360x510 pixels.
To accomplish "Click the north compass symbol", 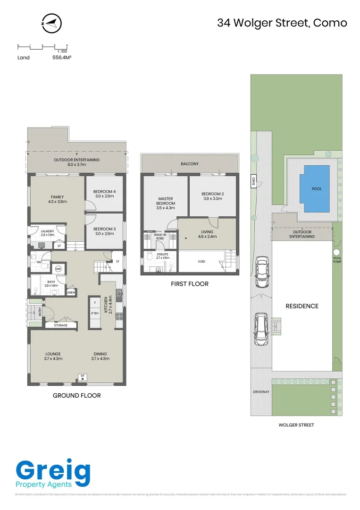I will point(52,23).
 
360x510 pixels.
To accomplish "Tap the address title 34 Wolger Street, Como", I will point(282,23).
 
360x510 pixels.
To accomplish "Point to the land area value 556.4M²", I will point(62,58).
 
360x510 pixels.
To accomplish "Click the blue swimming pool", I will point(317,189).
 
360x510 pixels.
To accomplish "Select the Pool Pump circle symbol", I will point(337,251).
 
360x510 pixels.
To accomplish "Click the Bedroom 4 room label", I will point(104,194).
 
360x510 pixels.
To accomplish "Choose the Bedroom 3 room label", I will point(104,231).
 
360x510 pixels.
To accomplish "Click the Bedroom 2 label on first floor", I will point(212,196).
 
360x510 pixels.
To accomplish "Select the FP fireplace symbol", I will point(83,377).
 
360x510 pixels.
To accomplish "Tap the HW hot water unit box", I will point(58,269).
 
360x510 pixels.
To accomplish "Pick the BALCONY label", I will point(190,164).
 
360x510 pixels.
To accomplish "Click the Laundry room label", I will point(47,233).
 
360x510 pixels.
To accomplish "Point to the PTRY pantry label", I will point(95,312).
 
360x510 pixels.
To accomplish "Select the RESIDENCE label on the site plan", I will point(302,306).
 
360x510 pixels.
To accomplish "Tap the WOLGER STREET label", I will point(296,425).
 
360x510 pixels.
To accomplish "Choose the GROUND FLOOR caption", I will point(76,395).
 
